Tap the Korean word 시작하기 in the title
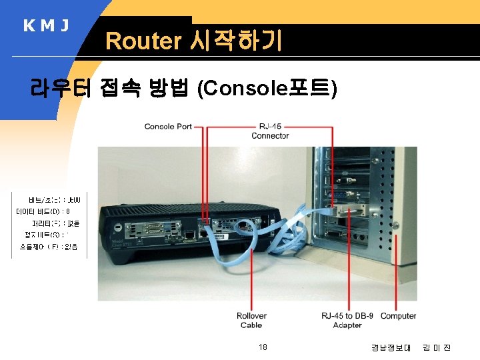click(x=236, y=41)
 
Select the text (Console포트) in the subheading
click(x=267, y=89)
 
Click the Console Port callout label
click(x=168, y=126)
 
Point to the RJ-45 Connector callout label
click(x=270, y=131)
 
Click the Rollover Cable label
click(x=251, y=320)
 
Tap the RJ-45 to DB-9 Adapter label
click(x=347, y=320)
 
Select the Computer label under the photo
click(x=398, y=315)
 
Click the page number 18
click(x=263, y=347)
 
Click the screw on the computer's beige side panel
click(x=396, y=225)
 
